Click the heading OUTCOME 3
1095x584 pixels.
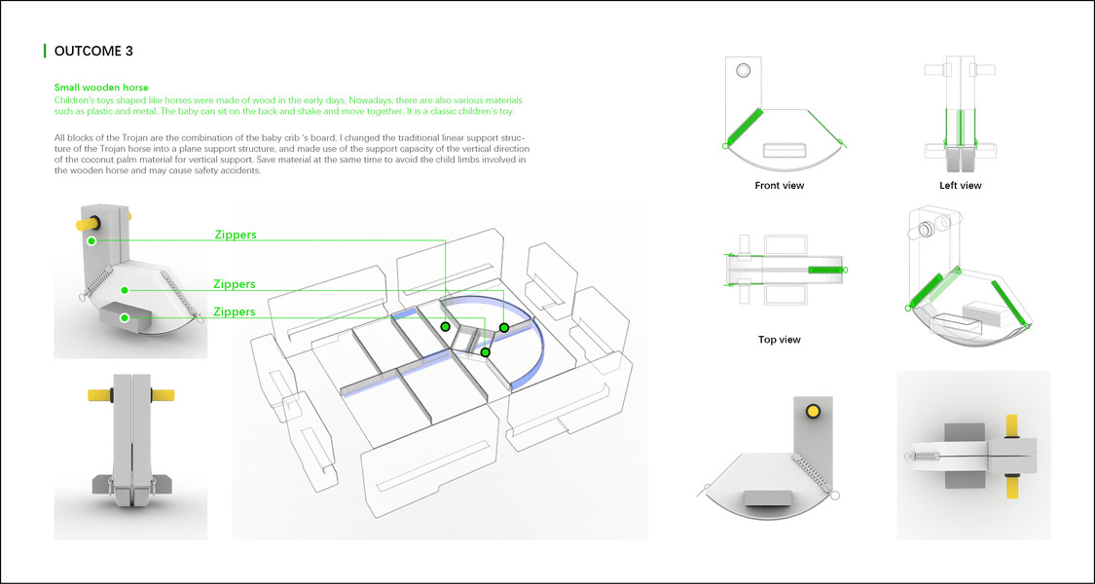pyautogui.click(x=101, y=51)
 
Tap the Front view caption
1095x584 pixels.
pyautogui.click(x=780, y=185)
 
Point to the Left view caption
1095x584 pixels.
pyautogui.click(x=961, y=185)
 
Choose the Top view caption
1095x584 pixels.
pyautogui.click(x=780, y=340)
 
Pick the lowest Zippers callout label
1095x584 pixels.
pyautogui.click(x=235, y=312)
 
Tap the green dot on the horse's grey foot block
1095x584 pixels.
pyautogui.click(x=124, y=317)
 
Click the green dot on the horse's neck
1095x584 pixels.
pyautogui.click(x=91, y=239)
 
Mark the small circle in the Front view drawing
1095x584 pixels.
pyautogui.click(x=744, y=70)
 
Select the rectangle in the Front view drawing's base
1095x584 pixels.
pyautogui.click(x=786, y=150)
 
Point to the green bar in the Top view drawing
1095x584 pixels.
pyautogui.click(x=825, y=269)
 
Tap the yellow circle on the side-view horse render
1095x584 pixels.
pyautogui.click(x=811, y=413)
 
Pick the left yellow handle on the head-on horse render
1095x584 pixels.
pyautogui.click(x=98, y=395)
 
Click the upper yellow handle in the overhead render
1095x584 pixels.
pyautogui.click(x=1010, y=425)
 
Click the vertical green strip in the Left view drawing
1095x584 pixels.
pyautogui.click(x=960, y=128)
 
